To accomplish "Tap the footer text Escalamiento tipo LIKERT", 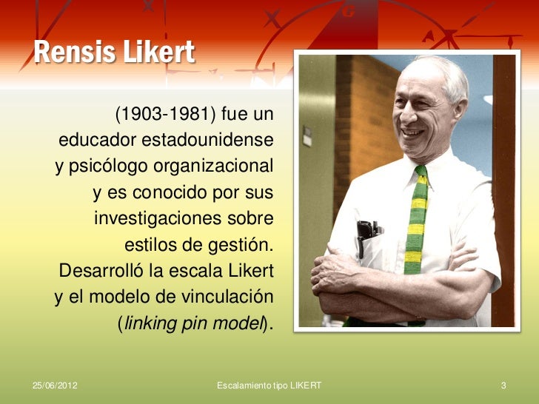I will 269,386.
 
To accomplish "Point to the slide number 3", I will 503,386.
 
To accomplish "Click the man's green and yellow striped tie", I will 416,222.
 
